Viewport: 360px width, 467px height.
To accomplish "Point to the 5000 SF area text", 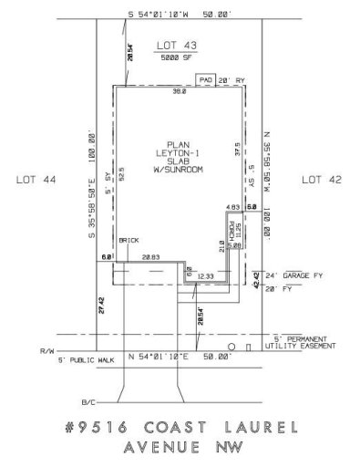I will click(x=173, y=58).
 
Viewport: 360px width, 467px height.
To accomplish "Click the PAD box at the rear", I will click(x=206, y=81).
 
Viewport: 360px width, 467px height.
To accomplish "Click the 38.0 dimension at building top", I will click(x=180, y=91).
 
